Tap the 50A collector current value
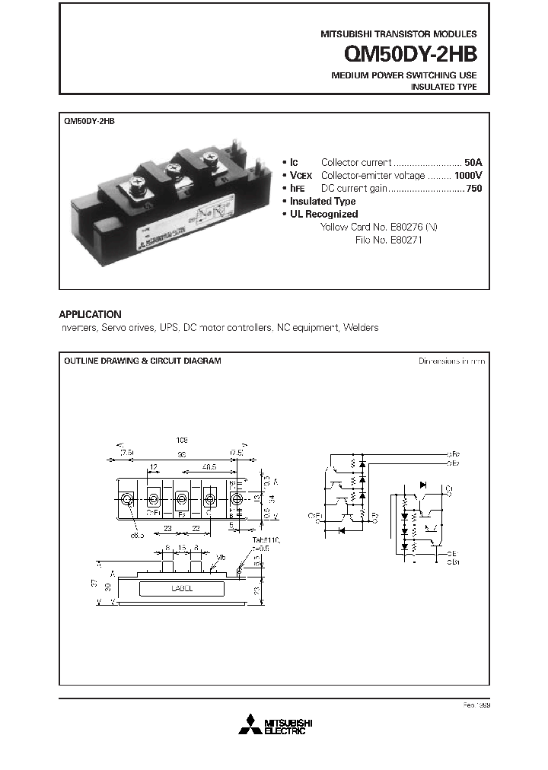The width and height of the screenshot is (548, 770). (x=473, y=162)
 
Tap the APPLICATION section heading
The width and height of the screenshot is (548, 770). (x=90, y=314)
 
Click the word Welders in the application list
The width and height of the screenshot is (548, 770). (x=360, y=327)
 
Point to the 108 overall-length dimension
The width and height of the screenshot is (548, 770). (x=181, y=440)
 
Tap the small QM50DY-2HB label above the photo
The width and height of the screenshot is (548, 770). (x=90, y=121)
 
